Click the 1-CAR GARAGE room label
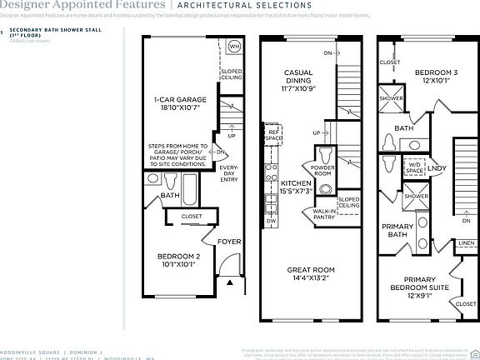click(180, 104)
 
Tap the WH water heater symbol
click(234, 47)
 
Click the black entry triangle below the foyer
click(230, 283)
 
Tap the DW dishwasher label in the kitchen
click(271, 221)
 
